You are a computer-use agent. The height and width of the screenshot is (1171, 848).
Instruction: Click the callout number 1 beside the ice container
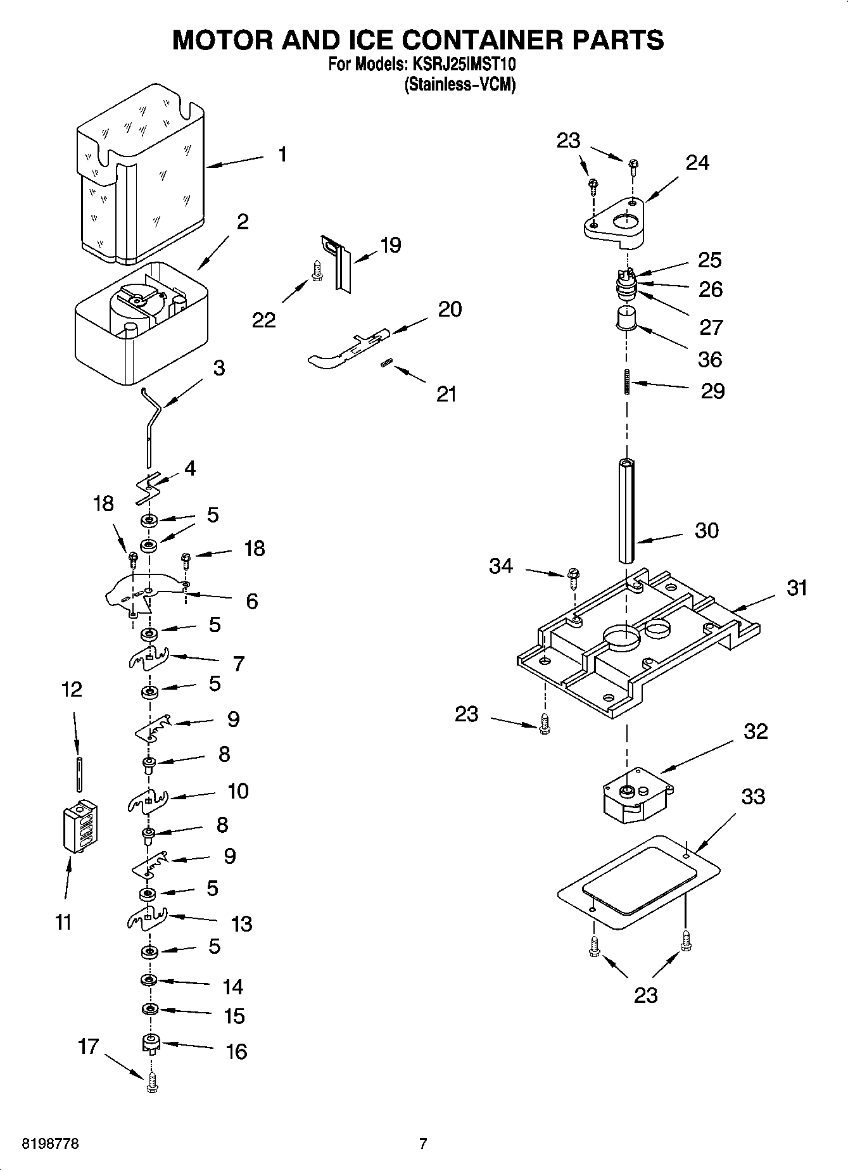[x=282, y=154]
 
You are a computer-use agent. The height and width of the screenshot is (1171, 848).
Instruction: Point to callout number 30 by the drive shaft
[x=706, y=530]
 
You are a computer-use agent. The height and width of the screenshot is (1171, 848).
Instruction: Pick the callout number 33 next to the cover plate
[x=752, y=796]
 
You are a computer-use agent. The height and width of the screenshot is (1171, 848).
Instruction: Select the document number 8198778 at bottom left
[x=51, y=1144]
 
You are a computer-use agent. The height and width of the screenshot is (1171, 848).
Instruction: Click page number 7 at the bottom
[x=423, y=1144]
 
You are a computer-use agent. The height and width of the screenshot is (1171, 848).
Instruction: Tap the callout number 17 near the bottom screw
[x=88, y=1046]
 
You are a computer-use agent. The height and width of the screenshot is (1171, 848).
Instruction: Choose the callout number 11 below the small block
[x=63, y=923]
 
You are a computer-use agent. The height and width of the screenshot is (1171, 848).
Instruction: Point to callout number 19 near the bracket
[x=391, y=245]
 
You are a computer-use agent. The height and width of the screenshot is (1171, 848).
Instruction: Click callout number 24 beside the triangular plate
[x=697, y=163]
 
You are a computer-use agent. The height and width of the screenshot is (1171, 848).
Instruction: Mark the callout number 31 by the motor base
[x=797, y=588]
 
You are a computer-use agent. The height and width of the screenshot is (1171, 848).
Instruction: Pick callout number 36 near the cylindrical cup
[x=710, y=359]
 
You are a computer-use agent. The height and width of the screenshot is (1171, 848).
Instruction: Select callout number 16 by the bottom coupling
[x=236, y=1052]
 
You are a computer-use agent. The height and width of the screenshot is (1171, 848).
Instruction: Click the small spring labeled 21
[x=388, y=362]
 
